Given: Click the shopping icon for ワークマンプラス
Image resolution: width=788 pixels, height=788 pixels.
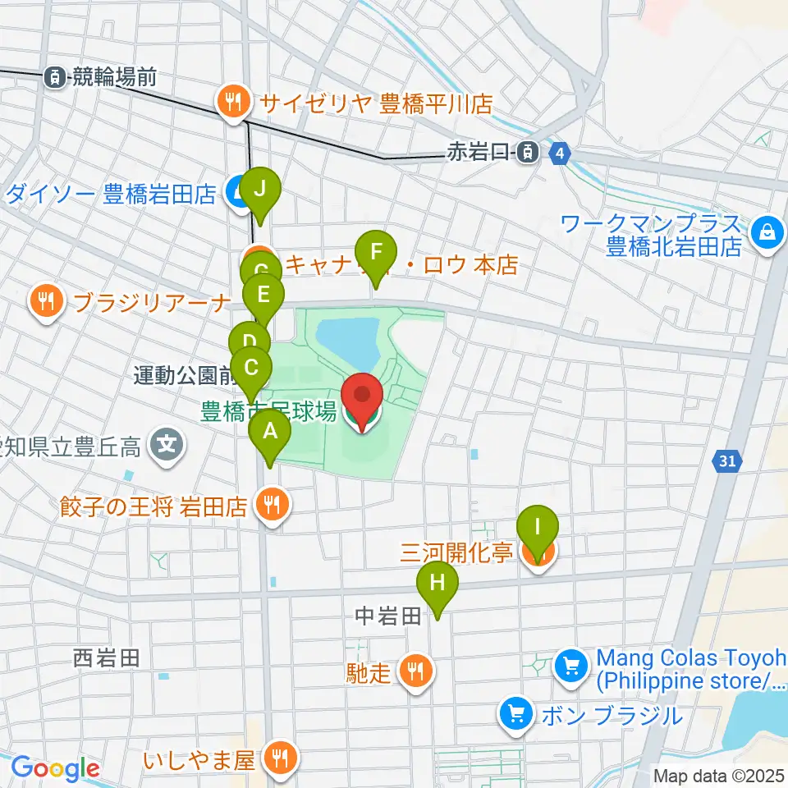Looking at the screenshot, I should point(767,232).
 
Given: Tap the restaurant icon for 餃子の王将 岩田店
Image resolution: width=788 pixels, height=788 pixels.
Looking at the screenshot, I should point(272,506).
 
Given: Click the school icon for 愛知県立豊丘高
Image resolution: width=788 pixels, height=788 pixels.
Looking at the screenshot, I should point(167,447).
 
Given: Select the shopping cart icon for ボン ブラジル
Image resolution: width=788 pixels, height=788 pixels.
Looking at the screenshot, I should point(516,714).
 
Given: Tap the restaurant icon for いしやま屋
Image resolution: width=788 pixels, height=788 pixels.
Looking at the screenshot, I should point(281,759).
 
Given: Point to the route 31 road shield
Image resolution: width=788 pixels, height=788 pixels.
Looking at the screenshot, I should point(726,462).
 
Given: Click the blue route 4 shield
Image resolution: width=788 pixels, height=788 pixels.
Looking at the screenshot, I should point(560,153).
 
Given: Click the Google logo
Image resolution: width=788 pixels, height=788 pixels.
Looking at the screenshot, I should point(56,768).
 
